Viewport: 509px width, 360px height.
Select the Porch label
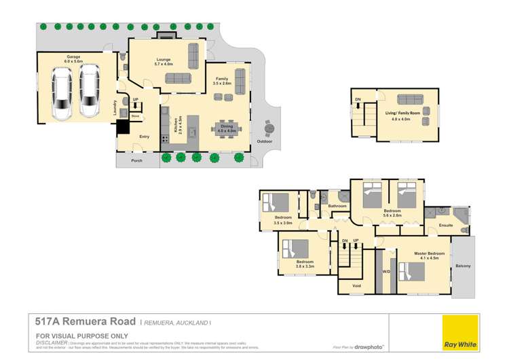136,162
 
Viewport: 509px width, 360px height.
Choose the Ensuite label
447,225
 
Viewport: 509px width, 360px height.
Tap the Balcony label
463,266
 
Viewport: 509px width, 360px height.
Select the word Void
357,286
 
